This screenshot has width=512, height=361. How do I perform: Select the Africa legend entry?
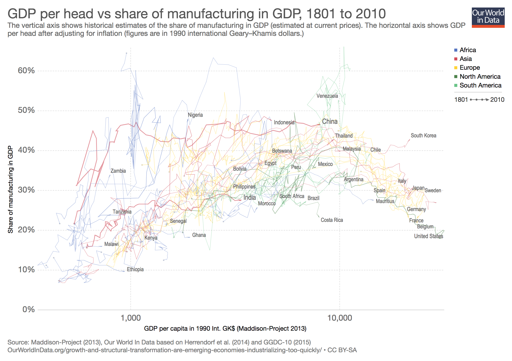(x=467, y=50)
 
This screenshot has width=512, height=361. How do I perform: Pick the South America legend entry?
(x=480, y=85)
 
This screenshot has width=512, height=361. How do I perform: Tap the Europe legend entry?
(x=469, y=67)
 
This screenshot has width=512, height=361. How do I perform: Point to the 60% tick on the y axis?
(x=26, y=70)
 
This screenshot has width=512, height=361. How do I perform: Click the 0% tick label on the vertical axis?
(x=28, y=309)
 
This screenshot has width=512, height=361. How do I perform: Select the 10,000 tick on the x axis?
(x=339, y=318)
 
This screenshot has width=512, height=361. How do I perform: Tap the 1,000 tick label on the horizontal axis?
(x=131, y=318)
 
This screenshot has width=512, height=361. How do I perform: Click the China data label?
(x=330, y=122)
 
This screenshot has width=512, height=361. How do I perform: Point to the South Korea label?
(x=423, y=136)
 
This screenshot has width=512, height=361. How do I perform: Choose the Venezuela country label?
(x=327, y=96)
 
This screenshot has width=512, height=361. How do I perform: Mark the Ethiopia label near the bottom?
(x=135, y=269)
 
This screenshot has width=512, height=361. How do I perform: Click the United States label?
(x=428, y=236)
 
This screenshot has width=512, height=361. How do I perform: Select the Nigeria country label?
(x=195, y=115)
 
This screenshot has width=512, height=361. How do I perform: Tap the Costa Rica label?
(x=332, y=220)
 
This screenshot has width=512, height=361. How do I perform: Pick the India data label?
(x=249, y=198)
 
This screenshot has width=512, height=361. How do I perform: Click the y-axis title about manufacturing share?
(x=10, y=190)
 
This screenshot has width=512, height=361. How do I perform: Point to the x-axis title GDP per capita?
(x=225, y=328)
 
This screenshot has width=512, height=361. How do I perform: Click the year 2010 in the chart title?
(x=371, y=14)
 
